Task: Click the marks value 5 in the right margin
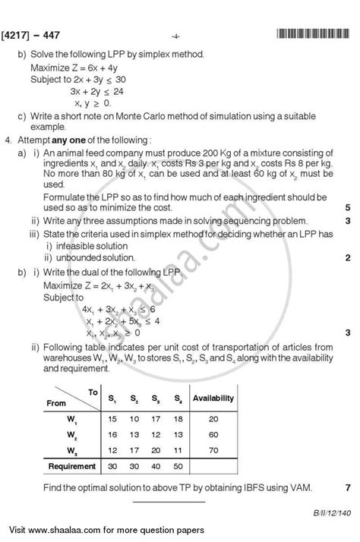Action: click(x=346, y=207)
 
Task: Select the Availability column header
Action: click(x=213, y=398)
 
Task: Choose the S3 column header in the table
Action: click(x=155, y=398)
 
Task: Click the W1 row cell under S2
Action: click(x=134, y=418)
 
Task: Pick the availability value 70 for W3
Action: click(x=213, y=450)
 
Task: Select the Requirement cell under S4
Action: click(x=177, y=466)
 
